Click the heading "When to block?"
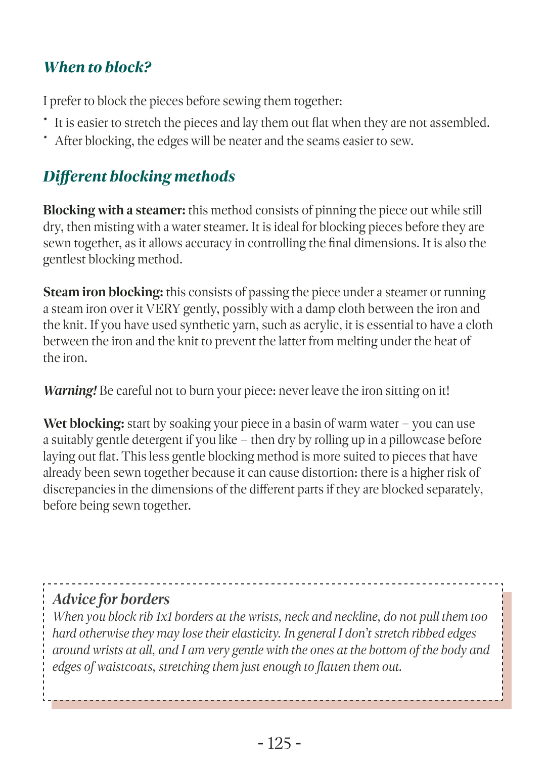tap(97, 67)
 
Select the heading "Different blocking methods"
tap(139, 176)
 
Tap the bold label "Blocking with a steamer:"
tap(114, 210)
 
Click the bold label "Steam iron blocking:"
tap(103, 292)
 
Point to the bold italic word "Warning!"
tap(70, 391)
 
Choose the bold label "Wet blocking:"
tap(83, 424)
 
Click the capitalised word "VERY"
tap(163, 309)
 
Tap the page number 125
tap(279, 743)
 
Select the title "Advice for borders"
tap(111, 599)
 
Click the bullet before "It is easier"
tap(45, 120)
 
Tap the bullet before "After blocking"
tap(45, 138)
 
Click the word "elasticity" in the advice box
tap(255, 633)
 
